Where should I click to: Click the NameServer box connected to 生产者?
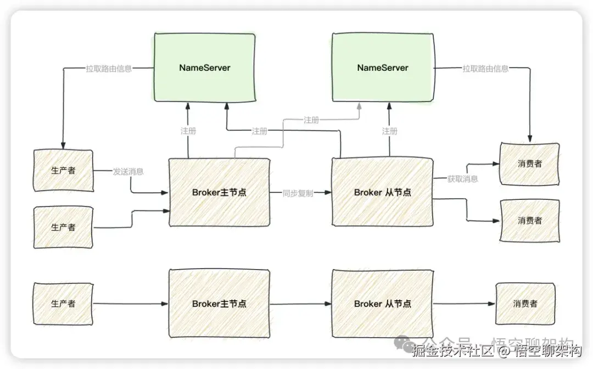(204, 68)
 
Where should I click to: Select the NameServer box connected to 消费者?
(383, 68)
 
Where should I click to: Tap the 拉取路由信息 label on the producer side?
(109, 69)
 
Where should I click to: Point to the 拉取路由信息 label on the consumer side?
(485, 69)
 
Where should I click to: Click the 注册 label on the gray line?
(311, 120)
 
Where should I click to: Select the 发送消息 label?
(128, 171)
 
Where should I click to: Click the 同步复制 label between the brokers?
(298, 193)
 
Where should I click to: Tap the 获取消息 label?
(462, 179)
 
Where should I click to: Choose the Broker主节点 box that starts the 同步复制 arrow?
(219, 193)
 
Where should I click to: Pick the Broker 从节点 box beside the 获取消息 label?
(382, 193)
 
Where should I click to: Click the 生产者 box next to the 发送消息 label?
(63, 170)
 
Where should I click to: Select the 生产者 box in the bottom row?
(63, 303)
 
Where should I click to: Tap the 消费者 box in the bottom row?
(525, 303)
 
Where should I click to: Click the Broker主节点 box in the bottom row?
(219, 304)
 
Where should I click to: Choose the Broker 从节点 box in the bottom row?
(382, 304)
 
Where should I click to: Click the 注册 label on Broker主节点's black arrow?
(188, 131)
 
